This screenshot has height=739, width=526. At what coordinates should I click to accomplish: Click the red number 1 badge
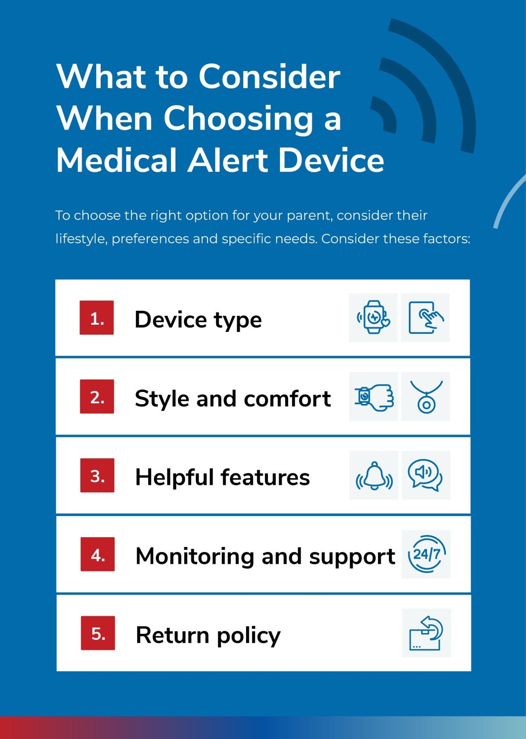[97, 317]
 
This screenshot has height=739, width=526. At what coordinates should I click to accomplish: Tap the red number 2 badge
[97, 396]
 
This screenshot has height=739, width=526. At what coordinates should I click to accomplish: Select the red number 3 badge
[97, 475]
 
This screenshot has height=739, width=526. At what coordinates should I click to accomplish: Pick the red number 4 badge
[97, 554]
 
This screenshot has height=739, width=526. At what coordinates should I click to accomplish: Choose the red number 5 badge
[98, 633]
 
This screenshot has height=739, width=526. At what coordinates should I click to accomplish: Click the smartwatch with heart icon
[373, 317]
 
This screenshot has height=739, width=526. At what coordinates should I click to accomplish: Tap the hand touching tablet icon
[426, 317]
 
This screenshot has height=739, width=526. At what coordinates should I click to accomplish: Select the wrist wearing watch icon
[374, 397]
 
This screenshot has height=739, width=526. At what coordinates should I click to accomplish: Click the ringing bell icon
[374, 476]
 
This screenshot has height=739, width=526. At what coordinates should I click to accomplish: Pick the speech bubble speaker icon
[425, 475]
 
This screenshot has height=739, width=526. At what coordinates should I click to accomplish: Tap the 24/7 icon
[427, 554]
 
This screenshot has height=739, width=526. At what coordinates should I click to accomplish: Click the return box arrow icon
[426, 633]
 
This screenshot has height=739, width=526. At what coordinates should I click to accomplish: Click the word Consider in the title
[270, 76]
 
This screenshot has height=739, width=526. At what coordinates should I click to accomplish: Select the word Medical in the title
[116, 160]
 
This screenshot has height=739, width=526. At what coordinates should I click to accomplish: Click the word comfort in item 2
[287, 398]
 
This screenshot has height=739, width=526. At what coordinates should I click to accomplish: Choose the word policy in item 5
[249, 636]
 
